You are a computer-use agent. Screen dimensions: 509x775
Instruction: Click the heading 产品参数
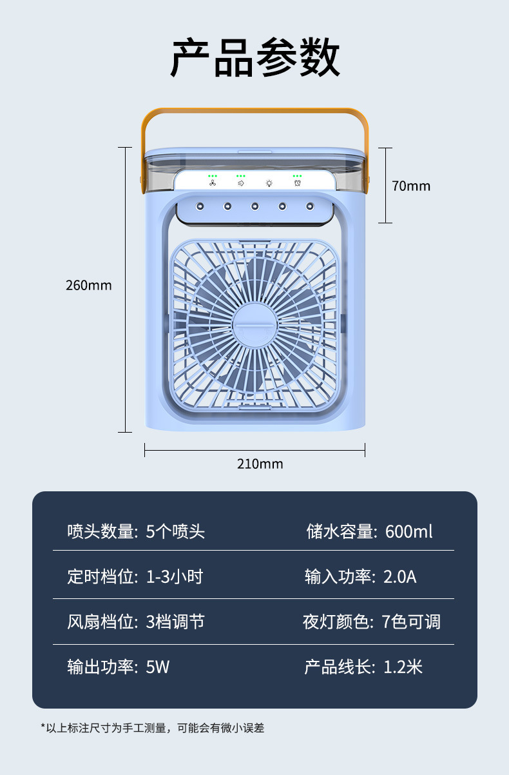tap(255, 58)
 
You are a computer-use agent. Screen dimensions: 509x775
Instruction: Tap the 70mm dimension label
tap(410, 186)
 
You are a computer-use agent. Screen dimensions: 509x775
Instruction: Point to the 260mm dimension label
tap(89, 285)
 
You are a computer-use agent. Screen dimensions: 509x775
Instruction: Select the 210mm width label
tap(260, 464)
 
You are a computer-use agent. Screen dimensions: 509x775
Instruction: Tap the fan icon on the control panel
tap(213, 183)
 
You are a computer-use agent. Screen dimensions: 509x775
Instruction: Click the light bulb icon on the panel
tap(269, 183)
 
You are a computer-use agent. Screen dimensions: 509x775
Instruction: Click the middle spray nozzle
tap(254, 206)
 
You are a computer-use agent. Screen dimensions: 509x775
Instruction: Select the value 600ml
tap(409, 532)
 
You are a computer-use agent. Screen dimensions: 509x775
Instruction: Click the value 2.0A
tap(400, 576)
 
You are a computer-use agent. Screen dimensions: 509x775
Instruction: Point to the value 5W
tap(158, 667)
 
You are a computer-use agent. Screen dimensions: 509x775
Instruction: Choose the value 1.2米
tap(403, 667)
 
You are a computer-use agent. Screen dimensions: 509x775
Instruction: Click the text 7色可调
tap(411, 622)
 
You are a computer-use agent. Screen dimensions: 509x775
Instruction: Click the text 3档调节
tap(175, 622)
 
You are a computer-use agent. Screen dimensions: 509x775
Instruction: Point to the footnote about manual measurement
tap(153, 728)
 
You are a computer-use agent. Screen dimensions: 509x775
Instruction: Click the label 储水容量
tap(340, 532)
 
